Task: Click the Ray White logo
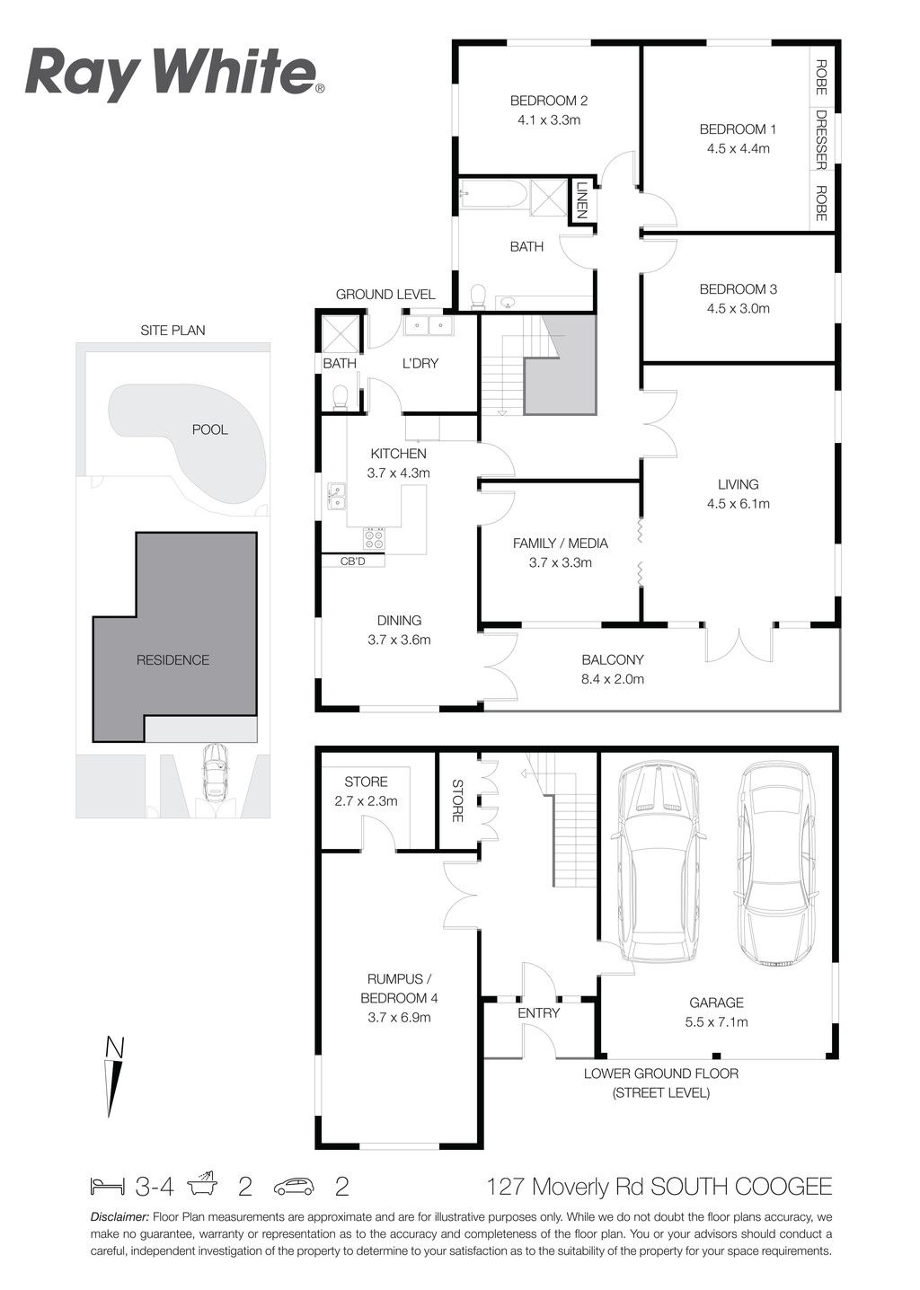click(174, 75)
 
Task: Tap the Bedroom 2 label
click(548, 101)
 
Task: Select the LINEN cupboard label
click(582, 199)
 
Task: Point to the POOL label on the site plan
click(209, 429)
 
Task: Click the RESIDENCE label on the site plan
click(172, 660)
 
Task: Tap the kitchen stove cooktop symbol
click(373, 538)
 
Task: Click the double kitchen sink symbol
click(336, 497)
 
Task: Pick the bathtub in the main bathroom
click(494, 194)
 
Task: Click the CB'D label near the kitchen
click(352, 561)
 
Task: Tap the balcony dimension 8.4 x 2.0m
click(613, 679)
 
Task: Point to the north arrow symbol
click(115, 1076)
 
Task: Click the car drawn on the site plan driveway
click(215, 773)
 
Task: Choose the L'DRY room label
click(420, 364)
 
